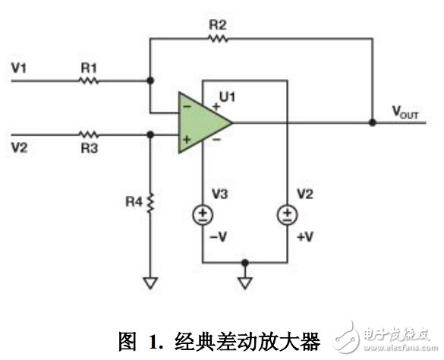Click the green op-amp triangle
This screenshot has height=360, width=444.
tap(200, 122)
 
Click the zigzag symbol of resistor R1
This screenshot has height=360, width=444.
tap(90, 79)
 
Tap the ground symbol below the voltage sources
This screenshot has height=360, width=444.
tap(245, 283)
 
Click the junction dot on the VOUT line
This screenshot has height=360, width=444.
tap(372, 122)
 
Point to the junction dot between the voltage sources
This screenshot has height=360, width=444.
tap(245, 263)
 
